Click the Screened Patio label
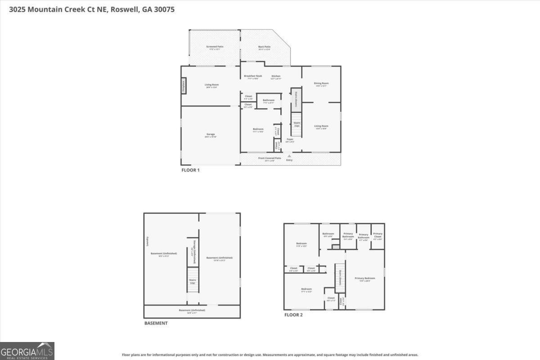tap(215, 47)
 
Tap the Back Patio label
tap(264, 47)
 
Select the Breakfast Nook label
tap(253, 76)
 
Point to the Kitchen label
tap(276, 76)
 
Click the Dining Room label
tap(321, 83)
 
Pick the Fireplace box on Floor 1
tap(184, 86)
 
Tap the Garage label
tap(210, 135)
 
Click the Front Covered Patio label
tap(270, 158)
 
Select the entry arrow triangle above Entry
tap(289, 156)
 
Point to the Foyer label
tap(290, 139)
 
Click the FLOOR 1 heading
tap(190, 170)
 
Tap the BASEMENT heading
tap(156, 323)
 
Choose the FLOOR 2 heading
tap(293, 315)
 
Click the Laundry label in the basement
tap(147, 241)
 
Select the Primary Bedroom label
tap(364, 279)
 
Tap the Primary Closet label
tap(378, 234)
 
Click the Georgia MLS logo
tap(27, 351)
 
